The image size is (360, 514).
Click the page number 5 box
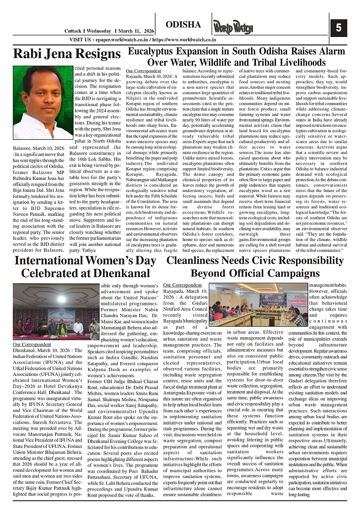338,28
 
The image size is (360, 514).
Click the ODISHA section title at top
183,24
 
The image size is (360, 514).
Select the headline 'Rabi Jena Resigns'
67,54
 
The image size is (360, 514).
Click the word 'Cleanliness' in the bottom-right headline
198,261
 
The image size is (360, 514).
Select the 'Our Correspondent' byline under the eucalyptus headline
144,71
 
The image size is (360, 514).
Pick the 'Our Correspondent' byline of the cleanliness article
182,285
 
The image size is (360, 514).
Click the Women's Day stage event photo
49,312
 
